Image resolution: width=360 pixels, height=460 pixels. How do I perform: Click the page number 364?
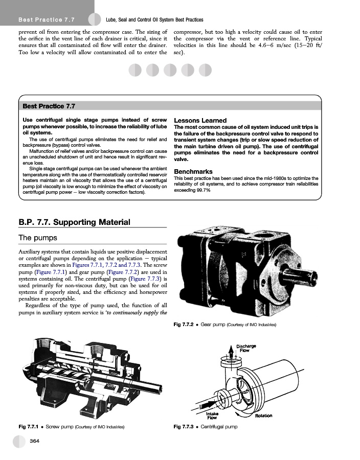pos(35,441)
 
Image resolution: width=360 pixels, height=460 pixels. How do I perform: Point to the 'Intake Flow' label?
pos(212,415)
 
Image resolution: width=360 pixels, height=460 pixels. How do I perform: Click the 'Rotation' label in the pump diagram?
pos(263,416)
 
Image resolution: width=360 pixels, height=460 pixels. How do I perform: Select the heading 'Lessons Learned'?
pos(200,121)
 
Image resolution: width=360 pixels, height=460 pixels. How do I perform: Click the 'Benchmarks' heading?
pos(194,171)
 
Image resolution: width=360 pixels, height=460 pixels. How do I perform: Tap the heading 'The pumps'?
pos(38,238)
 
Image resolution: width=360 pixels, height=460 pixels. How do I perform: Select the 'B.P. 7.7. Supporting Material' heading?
pos(74,222)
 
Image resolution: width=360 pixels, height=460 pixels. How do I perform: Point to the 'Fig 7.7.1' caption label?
pos(28,426)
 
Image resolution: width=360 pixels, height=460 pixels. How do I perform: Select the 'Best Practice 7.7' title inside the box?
pos(49,106)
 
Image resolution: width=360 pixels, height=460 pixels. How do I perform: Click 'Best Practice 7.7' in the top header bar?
pos(47,20)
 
